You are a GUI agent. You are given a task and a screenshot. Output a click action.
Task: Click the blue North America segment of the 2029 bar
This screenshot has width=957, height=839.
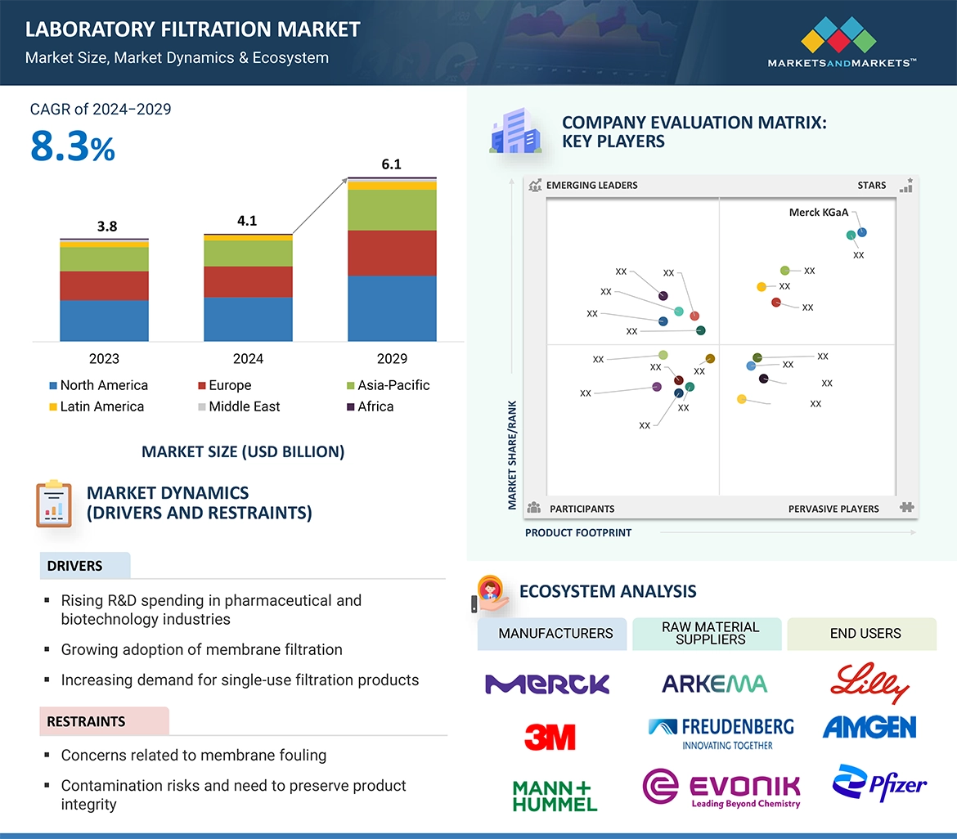(x=392, y=308)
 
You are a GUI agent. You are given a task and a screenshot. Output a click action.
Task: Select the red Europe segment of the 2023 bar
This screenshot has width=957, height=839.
(x=104, y=285)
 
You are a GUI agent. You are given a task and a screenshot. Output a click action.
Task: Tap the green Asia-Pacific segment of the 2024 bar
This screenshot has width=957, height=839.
(x=248, y=253)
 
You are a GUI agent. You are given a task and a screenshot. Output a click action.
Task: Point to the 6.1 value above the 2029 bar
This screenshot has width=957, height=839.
(x=392, y=164)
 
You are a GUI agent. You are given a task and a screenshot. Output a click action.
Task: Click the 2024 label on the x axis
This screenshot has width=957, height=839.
(x=248, y=358)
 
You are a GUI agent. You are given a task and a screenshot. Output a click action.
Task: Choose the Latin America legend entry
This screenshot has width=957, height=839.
(x=96, y=406)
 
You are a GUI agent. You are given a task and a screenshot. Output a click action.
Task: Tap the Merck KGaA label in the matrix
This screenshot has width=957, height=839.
(x=818, y=213)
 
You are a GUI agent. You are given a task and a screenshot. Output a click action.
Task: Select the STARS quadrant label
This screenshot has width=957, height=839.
(x=871, y=186)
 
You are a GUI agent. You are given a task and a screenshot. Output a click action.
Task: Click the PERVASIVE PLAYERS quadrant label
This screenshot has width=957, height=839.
(x=833, y=509)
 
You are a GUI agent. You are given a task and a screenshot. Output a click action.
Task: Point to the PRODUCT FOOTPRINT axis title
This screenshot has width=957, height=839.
(x=578, y=532)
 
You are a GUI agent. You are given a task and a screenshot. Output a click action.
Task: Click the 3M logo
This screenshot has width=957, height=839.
(x=550, y=737)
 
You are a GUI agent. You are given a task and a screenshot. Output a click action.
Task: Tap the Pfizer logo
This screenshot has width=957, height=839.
(x=879, y=783)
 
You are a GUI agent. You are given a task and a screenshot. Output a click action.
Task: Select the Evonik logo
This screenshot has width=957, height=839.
(x=721, y=787)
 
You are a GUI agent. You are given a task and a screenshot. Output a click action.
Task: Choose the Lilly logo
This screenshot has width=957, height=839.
(x=869, y=684)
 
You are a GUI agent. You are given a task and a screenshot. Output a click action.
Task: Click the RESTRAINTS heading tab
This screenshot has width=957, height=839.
(x=86, y=721)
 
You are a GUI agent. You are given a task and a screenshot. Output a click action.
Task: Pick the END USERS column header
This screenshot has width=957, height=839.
(x=865, y=634)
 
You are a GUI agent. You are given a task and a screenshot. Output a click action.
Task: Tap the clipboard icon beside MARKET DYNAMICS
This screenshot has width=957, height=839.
(x=54, y=504)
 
